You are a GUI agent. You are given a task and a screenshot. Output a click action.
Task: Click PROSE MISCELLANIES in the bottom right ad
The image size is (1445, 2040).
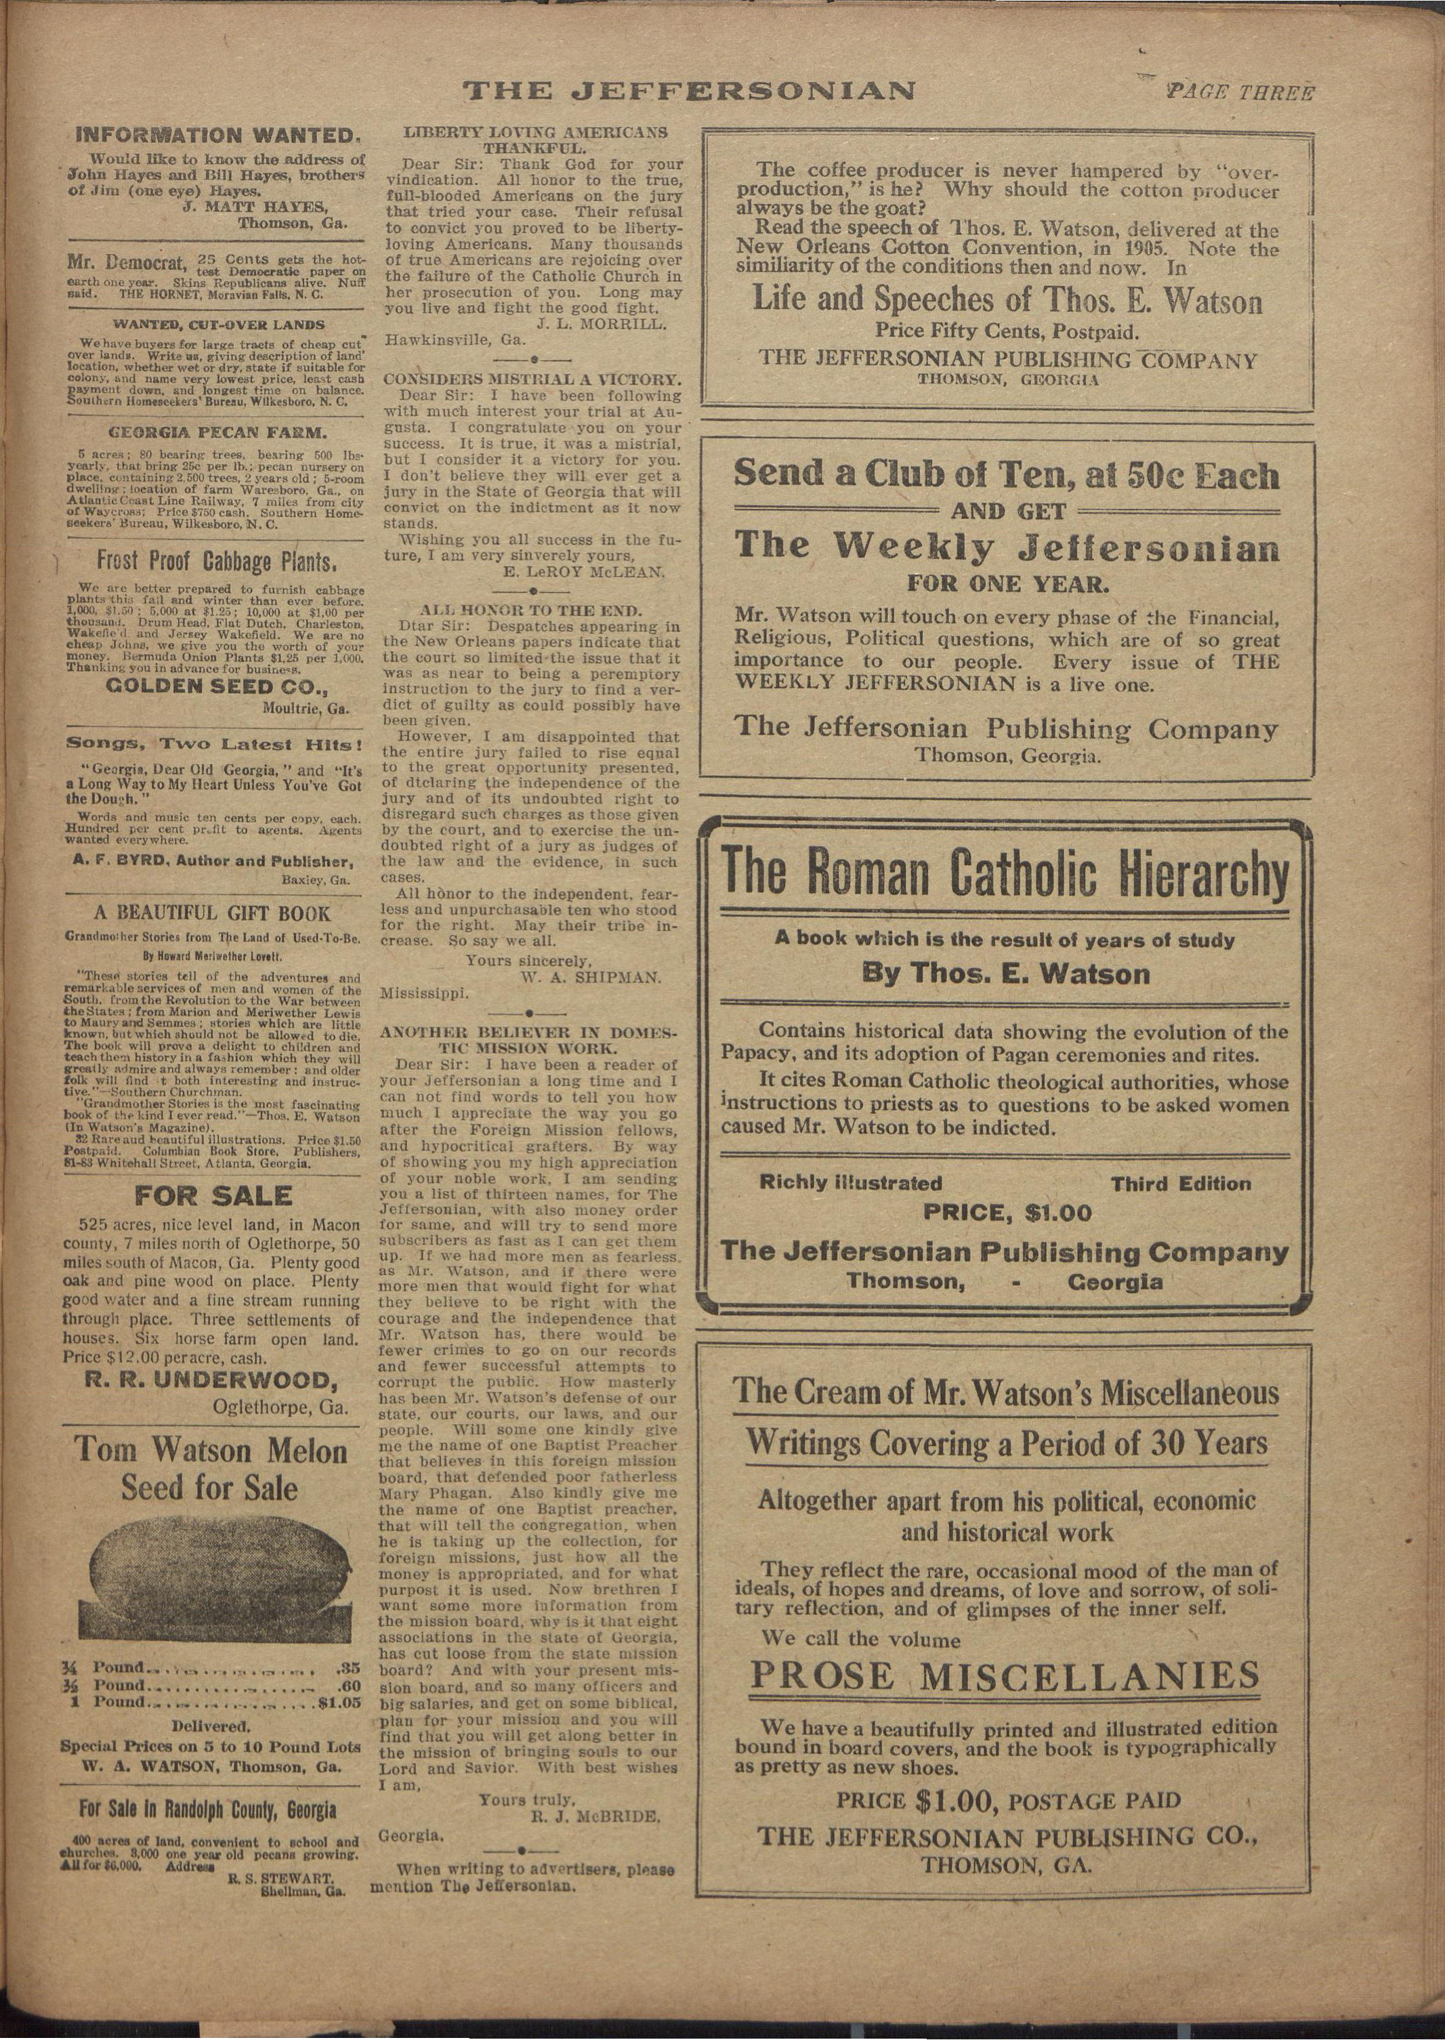(x=1005, y=1675)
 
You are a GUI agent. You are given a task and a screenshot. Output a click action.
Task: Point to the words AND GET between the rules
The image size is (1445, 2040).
(x=1005, y=512)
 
